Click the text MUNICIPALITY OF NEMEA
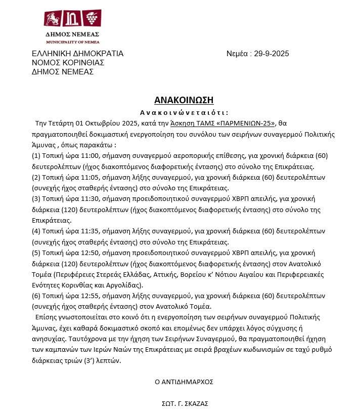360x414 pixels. click(73, 42)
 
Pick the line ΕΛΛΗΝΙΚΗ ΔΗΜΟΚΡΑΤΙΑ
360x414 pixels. click(77, 54)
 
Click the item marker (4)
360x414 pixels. click(36, 232)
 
